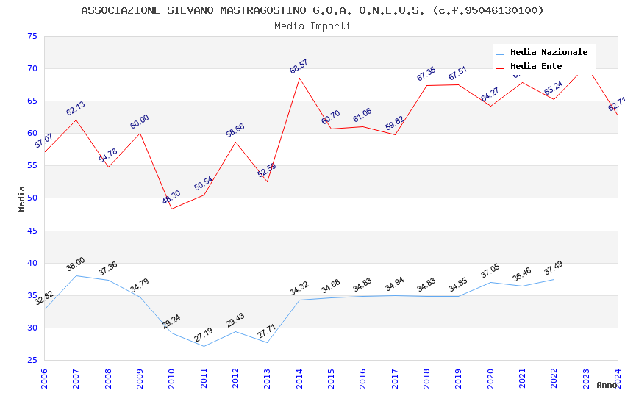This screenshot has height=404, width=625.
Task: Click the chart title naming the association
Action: point(312,10)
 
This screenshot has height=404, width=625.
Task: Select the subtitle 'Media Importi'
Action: point(312,26)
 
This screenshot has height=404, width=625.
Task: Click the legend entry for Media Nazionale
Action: point(549,53)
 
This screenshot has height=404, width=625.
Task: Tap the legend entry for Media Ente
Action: point(536,67)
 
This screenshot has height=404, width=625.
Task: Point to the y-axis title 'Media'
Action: point(22,198)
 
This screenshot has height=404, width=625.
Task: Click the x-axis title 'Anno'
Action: point(607,385)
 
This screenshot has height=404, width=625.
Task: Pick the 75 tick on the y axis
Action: point(31,37)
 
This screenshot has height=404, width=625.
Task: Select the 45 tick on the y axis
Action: point(31,231)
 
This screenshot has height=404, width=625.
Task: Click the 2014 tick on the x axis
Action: point(299,378)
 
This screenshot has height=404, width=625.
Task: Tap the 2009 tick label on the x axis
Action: point(140,378)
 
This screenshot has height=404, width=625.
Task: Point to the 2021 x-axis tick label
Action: point(522,378)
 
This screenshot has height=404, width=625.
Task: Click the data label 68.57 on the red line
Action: point(299,67)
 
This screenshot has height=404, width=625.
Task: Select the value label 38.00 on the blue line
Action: point(76,264)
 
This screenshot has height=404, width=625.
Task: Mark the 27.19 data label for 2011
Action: point(203,335)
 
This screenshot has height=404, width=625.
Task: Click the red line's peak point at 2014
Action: point(299,78)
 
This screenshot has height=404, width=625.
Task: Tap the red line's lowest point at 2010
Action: point(171,209)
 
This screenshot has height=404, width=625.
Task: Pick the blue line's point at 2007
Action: point(76,275)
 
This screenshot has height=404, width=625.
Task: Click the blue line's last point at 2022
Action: point(554,279)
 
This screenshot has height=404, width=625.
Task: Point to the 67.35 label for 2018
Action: point(426,74)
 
